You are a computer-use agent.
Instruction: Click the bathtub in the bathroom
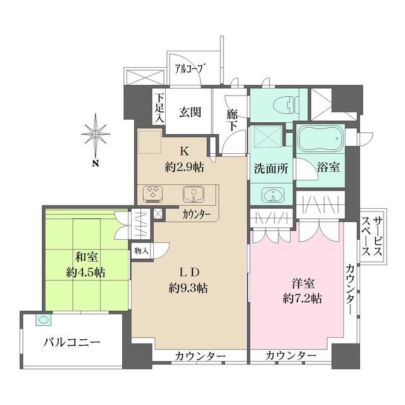pyautogui.click(x=320, y=137)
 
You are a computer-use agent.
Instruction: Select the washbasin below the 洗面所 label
pyautogui.click(x=271, y=194)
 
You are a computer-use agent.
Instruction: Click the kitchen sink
pyautogui.click(x=193, y=194)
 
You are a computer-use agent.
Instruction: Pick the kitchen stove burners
pyautogui.click(x=154, y=193)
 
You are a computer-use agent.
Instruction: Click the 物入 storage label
pyautogui.click(x=142, y=251)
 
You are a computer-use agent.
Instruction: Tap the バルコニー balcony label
pyautogui.click(x=72, y=343)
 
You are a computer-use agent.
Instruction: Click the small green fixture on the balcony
pyautogui.click(x=42, y=321)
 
